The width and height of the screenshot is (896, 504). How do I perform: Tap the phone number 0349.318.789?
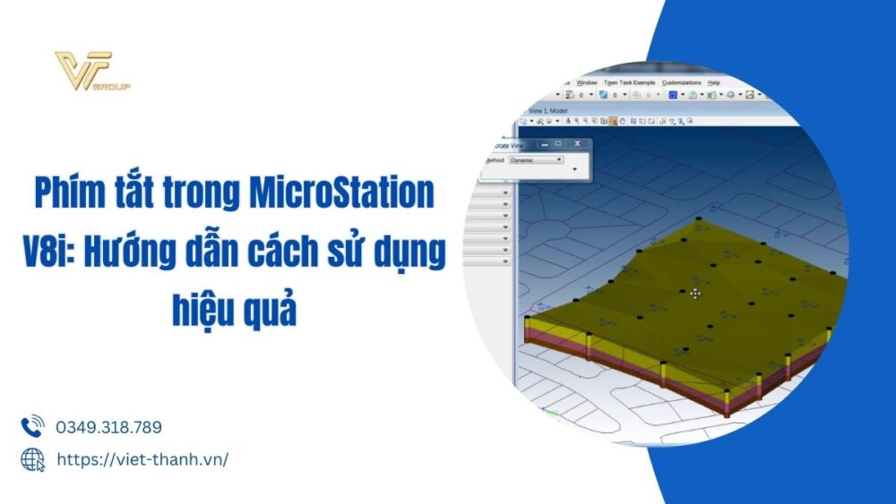tap(108, 428)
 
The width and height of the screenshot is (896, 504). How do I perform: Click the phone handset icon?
tap(32, 426)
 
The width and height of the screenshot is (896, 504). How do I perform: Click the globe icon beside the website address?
tap(32, 459)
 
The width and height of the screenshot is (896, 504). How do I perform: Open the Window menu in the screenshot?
tap(587, 82)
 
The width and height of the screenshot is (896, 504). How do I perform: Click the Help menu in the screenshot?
tap(713, 82)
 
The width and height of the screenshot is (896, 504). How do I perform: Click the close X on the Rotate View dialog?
tap(578, 143)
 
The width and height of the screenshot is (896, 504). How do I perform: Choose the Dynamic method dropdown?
tap(536, 159)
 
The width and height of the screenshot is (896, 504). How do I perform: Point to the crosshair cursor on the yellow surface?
tap(695, 293)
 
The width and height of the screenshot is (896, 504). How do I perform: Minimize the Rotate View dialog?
tap(543, 143)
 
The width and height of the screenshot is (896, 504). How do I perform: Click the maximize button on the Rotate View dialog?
tap(559, 143)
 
